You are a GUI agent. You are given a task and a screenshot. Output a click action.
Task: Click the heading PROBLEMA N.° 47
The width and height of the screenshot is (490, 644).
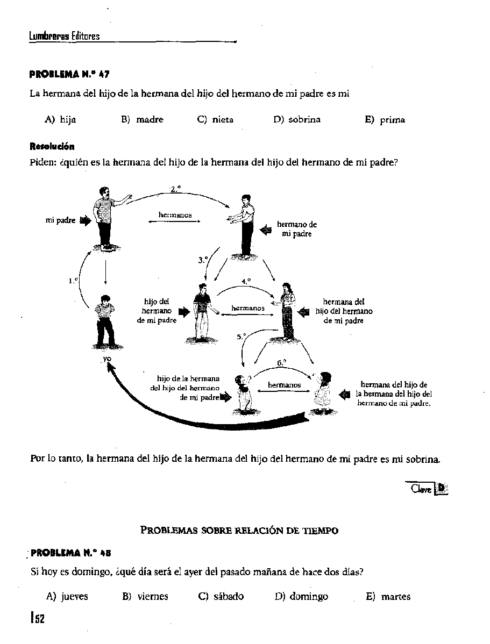point(70,74)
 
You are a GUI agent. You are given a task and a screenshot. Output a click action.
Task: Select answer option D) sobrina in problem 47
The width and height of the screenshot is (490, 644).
point(297,119)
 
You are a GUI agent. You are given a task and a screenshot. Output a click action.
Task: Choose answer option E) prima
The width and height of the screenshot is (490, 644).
point(385,120)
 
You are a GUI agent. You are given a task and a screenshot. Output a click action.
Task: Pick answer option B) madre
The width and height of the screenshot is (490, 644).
point(143,119)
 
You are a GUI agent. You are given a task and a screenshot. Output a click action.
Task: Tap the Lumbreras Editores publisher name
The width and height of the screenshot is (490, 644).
point(65,37)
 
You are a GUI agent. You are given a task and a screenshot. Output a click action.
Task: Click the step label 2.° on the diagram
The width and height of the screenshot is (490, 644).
point(175,189)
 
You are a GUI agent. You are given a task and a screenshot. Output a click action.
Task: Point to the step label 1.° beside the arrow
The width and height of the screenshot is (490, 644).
point(73,281)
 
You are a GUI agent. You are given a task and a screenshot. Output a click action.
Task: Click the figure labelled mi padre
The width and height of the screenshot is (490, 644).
point(106,217)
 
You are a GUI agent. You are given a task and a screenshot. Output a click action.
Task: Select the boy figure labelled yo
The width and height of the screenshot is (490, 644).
point(105,321)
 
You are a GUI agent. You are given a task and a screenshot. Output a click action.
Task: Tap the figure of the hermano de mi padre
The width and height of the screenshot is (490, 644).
point(245,226)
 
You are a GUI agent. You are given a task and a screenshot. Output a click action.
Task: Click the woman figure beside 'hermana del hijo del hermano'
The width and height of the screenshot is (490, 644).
point(288,311)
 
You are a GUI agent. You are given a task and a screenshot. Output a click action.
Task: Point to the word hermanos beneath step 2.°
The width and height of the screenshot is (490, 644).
point(175,215)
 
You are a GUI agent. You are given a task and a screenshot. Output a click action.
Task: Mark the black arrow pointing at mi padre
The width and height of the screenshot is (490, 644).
point(85,220)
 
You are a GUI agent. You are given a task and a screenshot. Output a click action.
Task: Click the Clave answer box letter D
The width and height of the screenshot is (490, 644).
point(442,488)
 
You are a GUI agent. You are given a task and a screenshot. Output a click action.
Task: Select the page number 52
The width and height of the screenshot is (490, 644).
point(38,618)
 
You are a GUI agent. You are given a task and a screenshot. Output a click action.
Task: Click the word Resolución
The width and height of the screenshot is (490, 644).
point(52,146)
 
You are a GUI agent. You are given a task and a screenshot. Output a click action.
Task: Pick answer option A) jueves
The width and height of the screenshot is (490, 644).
point(67,596)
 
